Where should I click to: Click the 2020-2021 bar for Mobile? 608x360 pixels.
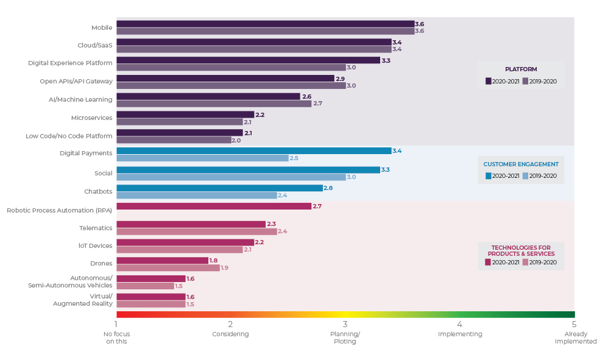click(x=265, y=24)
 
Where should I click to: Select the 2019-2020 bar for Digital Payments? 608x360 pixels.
click(x=202, y=158)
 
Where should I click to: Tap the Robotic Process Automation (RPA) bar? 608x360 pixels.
click(x=213, y=206)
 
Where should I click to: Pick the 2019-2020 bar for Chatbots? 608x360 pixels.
click(x=196, y=196)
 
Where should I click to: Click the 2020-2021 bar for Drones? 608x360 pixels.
click(x=162, y=261)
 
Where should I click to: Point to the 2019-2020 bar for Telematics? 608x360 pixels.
click(x=196, y=231)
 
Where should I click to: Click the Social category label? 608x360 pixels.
click(x=103, y=173)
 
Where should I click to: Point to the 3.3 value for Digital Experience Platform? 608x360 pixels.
click(x=386, y=60)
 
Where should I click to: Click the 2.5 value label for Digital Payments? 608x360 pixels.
click(x=294, y=158)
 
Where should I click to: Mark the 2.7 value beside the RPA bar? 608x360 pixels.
click(x=317, y=206)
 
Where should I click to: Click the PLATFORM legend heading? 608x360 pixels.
click(x=521, y=69)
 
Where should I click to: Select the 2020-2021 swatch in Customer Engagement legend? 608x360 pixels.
click(x=489, y=176)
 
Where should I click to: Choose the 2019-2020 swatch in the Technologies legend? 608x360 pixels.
click(x=525, y=263)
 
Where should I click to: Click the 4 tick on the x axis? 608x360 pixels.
click(x=459, y=324)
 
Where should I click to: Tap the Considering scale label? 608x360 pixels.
click(x=230, y=334)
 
